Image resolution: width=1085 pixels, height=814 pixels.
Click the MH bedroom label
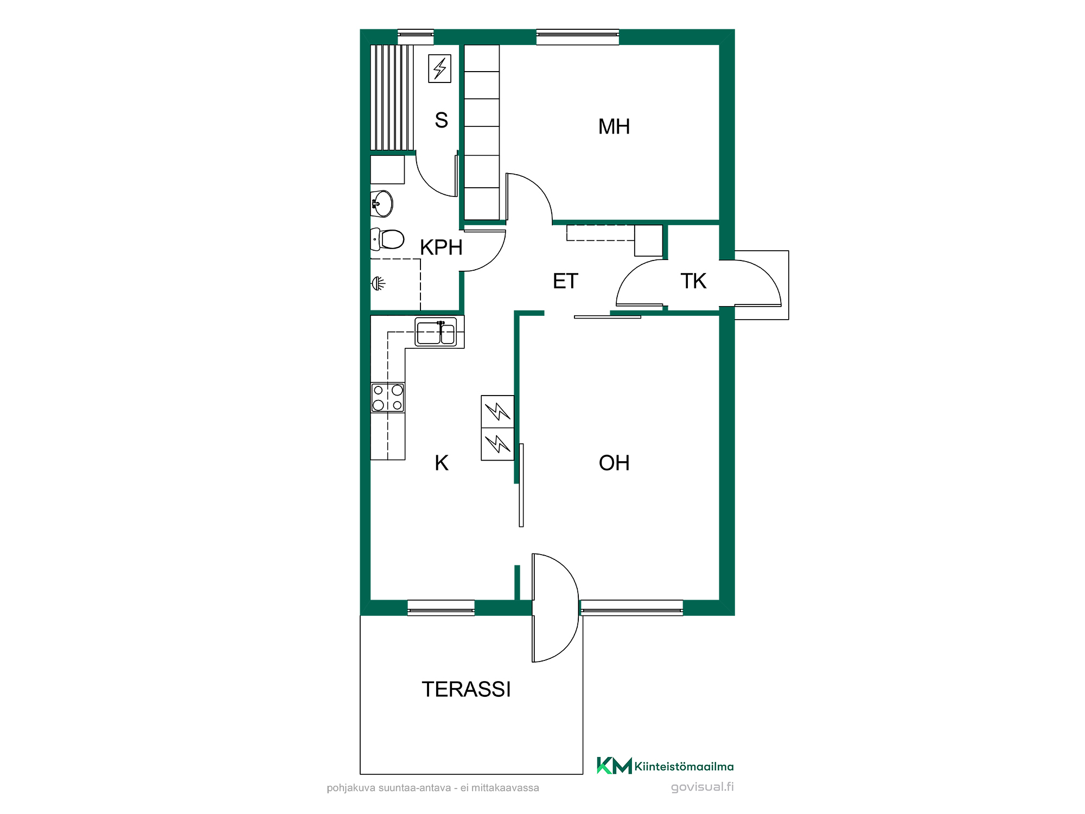[614, 126]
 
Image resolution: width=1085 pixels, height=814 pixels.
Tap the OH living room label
[614, 463]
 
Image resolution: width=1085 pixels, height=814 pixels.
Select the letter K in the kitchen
[442, 463]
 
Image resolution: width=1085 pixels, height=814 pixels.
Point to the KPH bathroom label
[441, 247]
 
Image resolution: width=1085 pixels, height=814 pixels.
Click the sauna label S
[442, 120]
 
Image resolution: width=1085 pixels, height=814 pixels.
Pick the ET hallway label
[565, 281]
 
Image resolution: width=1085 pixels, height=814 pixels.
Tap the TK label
[693, 281]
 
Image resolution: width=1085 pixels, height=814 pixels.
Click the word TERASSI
[467, 689]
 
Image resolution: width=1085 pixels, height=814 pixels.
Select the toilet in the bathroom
[387, 239]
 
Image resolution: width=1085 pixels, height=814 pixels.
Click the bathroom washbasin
[382, 203]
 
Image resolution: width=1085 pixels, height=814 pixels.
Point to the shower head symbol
[378, 283]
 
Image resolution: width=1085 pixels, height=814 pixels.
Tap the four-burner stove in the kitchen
[388, 398]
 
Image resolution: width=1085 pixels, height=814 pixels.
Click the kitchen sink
[436, 332]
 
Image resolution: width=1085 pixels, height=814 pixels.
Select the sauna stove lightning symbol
[439, 68]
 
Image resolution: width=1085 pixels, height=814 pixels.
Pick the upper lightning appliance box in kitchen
[497, 411]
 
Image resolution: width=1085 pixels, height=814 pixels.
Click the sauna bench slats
[392, 98]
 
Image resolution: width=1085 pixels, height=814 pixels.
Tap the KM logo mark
[614, 766]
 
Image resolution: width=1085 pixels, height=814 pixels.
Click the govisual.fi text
[703, 787]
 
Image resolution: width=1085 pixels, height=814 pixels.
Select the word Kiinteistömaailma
[684, 766]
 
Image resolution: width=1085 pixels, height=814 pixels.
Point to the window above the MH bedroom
[578, 37]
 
